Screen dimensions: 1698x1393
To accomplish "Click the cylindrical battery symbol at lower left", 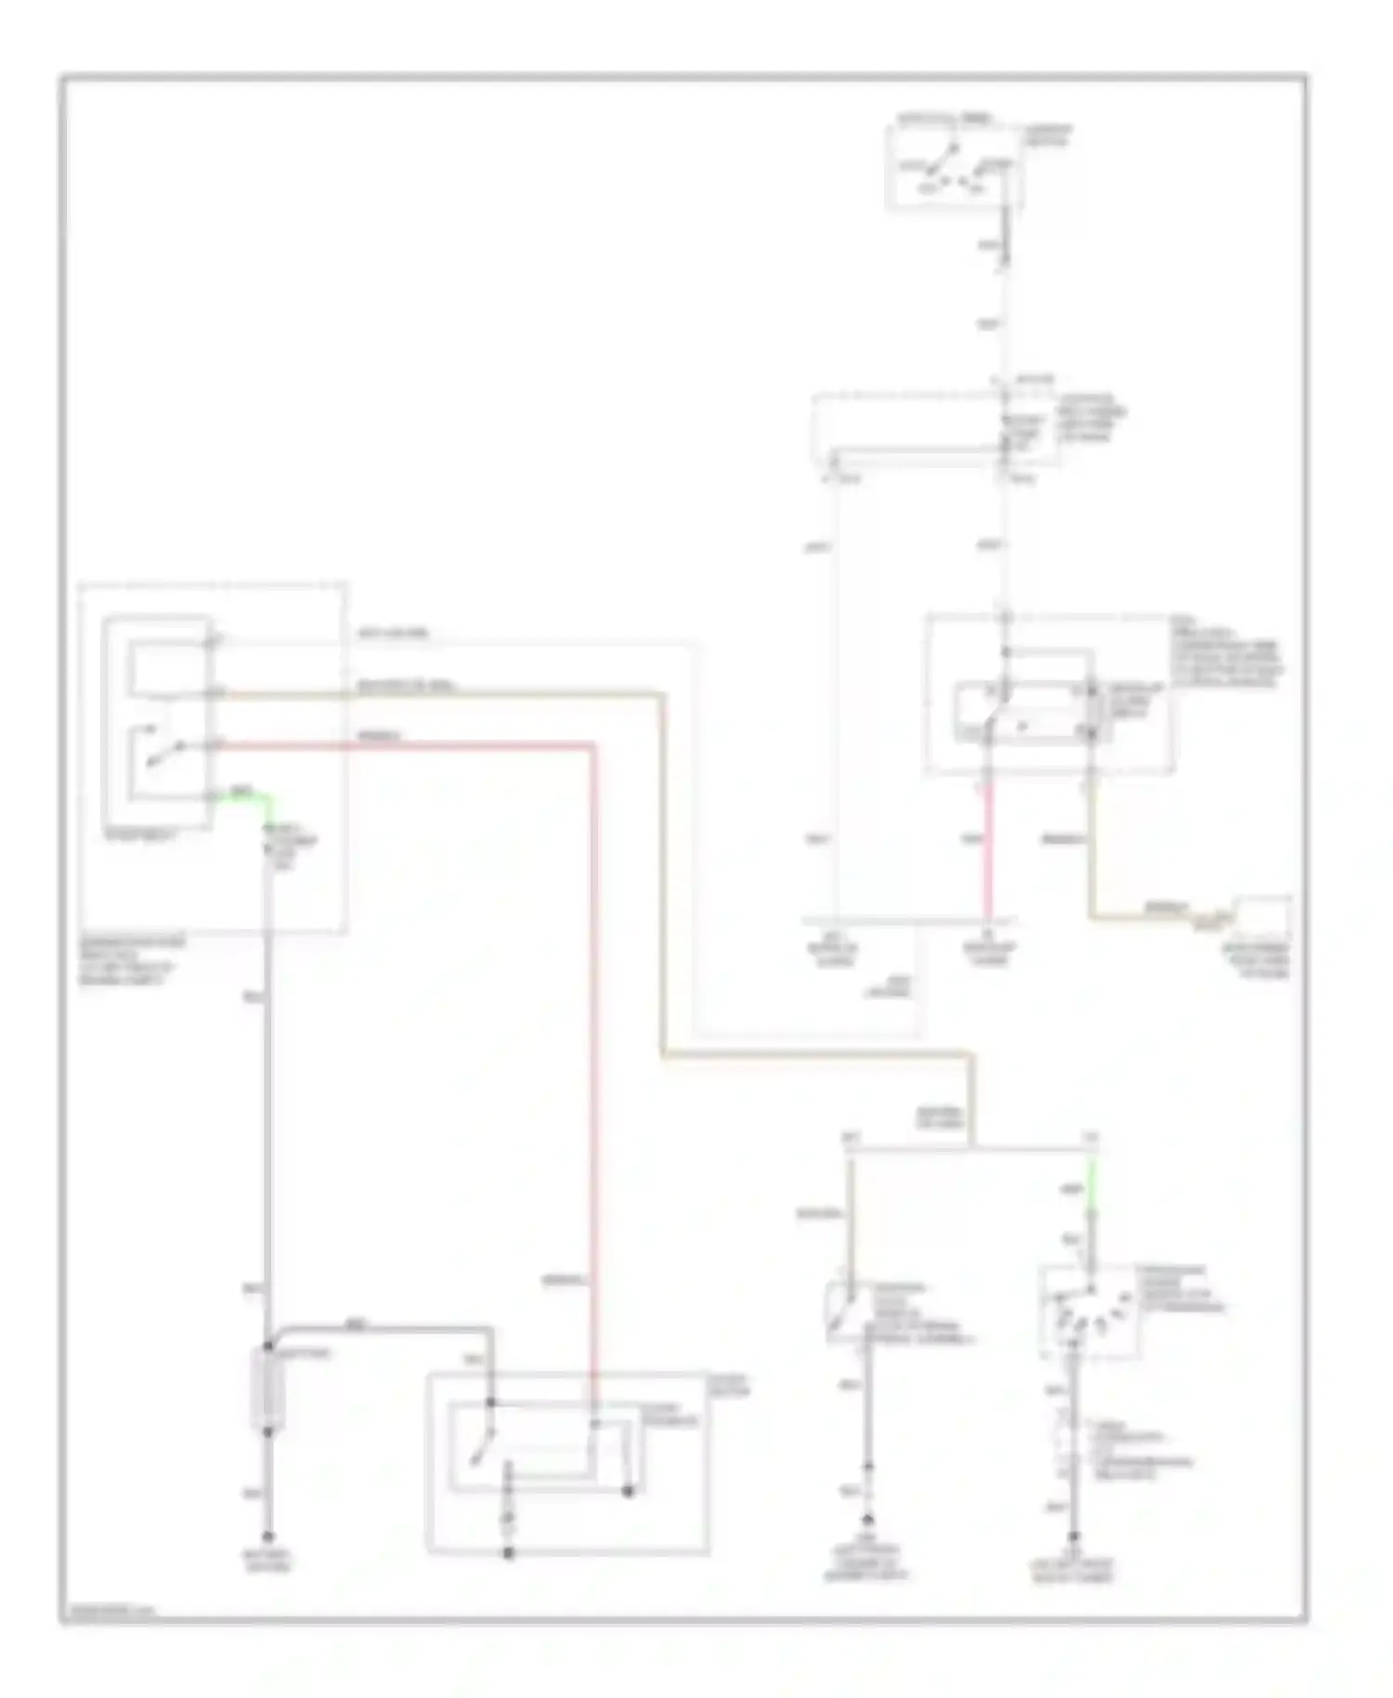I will coord(267,1390).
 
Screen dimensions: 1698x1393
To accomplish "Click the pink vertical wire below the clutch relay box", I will coord(988,850).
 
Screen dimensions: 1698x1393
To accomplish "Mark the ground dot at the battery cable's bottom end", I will coord(267,1537).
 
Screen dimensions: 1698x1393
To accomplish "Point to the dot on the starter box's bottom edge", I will coord(508,1552).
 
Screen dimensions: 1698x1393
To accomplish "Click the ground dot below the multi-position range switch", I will coord(1074,1537).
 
